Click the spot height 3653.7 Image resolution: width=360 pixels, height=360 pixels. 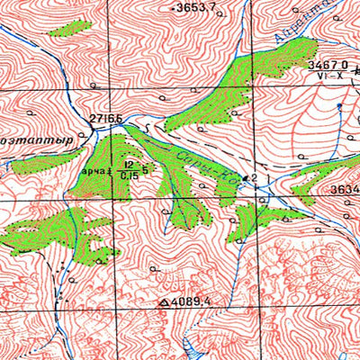pos(197,7)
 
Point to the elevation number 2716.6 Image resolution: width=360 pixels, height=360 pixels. pos(105,119)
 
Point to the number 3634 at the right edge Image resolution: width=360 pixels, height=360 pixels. pos(344,189)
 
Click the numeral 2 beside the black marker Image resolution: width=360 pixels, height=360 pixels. pos(255,178)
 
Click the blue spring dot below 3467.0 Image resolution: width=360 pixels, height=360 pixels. pos(338,106)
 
